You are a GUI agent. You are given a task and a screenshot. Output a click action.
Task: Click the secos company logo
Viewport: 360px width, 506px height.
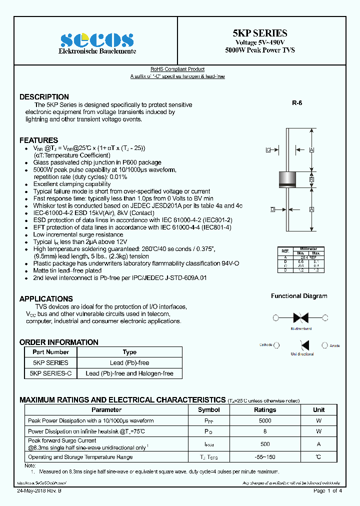click(96, 40)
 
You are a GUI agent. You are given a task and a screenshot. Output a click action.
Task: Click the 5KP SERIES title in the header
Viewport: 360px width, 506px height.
click(259, 33)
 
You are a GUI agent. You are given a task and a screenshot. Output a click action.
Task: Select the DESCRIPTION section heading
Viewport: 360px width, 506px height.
click(44, 97)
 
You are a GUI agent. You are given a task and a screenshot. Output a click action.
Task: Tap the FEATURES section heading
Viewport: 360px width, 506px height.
click(38, 140)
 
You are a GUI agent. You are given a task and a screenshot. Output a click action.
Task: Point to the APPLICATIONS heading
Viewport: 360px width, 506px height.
click(46, 298)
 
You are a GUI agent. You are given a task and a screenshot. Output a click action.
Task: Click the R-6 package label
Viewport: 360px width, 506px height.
click(297, 103)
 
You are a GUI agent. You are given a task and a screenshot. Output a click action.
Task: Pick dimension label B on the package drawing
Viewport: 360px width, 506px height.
click(311, 179)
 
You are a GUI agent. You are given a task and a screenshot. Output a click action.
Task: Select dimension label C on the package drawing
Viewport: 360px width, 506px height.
click(268, 149)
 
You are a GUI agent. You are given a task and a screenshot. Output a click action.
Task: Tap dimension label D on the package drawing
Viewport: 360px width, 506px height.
click(272, 209)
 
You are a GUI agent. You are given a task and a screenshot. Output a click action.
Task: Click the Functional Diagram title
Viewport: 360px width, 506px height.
click(299, 296)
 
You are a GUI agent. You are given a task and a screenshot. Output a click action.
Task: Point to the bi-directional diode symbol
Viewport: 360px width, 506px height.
click(300, 317)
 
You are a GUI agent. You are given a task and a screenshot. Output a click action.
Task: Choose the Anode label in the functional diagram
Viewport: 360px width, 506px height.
click(334, 345)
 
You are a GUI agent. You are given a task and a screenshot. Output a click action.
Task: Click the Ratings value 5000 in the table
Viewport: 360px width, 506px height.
click(265, 421)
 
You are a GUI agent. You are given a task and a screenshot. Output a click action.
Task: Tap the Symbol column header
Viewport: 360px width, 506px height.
click(208, 409)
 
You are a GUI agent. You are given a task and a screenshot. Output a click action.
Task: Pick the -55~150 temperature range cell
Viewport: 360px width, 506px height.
click(265, 457)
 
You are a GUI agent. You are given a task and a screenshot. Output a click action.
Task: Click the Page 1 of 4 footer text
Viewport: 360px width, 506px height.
click(327, 491)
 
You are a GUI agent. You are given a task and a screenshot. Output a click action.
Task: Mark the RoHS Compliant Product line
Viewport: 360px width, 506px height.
click(177, 69)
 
